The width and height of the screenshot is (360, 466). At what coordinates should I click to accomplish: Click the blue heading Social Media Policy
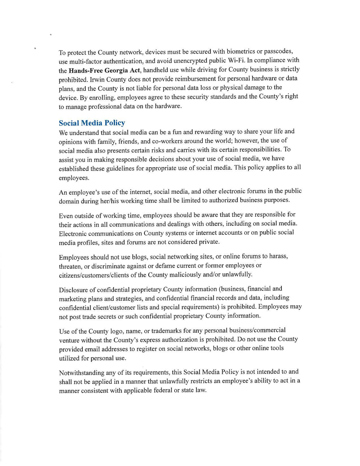click(x=92, y=123)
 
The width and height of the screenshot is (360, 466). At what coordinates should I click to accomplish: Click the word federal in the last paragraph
click(x=167, y=391)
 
